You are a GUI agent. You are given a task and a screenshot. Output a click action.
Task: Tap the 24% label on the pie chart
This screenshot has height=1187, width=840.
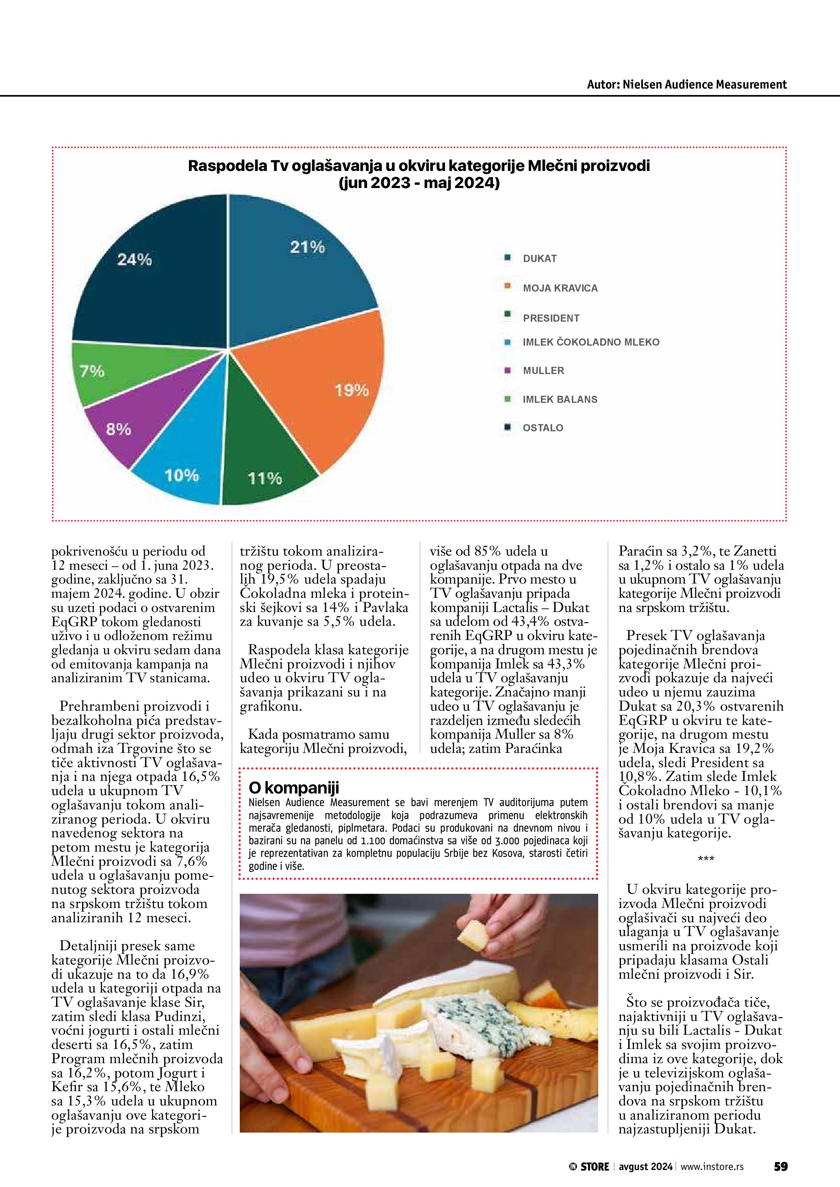tap(135, 259)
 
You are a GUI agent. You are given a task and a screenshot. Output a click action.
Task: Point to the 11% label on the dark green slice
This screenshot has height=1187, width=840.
tap(265, 478)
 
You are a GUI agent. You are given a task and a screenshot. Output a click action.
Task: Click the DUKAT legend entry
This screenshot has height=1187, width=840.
tap(540, 259)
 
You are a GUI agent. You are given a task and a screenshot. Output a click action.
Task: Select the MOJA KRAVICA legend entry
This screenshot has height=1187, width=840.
tap(560, 288)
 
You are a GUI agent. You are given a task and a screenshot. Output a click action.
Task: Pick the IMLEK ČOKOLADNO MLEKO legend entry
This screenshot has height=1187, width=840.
tap(591, 342)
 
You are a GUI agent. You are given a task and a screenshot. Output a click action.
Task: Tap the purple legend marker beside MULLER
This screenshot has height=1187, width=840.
tap(508, 370)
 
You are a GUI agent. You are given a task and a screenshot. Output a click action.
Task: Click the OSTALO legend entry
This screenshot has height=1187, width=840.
tap(543, 428)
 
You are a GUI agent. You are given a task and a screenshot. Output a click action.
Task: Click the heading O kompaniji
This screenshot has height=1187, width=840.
tap(293, 788)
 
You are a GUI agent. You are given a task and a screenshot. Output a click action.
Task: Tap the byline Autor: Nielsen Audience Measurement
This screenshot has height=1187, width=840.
tap(686, 84)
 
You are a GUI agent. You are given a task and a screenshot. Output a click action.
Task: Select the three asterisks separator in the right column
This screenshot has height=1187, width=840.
tap(705, 859)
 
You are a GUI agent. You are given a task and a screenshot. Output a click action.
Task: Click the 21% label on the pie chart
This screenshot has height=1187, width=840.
tap(307, 247)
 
